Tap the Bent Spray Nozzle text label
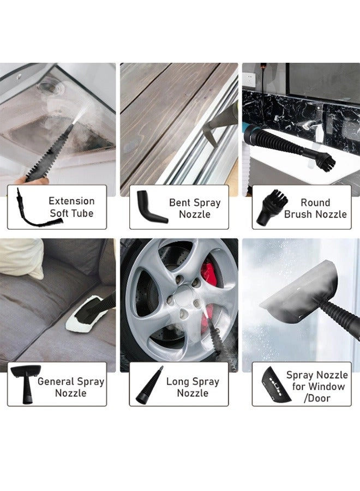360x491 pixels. click(194, 208)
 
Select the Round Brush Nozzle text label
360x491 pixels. click(315, 208)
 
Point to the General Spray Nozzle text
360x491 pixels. click(70, 387)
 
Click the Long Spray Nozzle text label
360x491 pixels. click(193, 387)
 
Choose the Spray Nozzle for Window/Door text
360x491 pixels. click(316, 386)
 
